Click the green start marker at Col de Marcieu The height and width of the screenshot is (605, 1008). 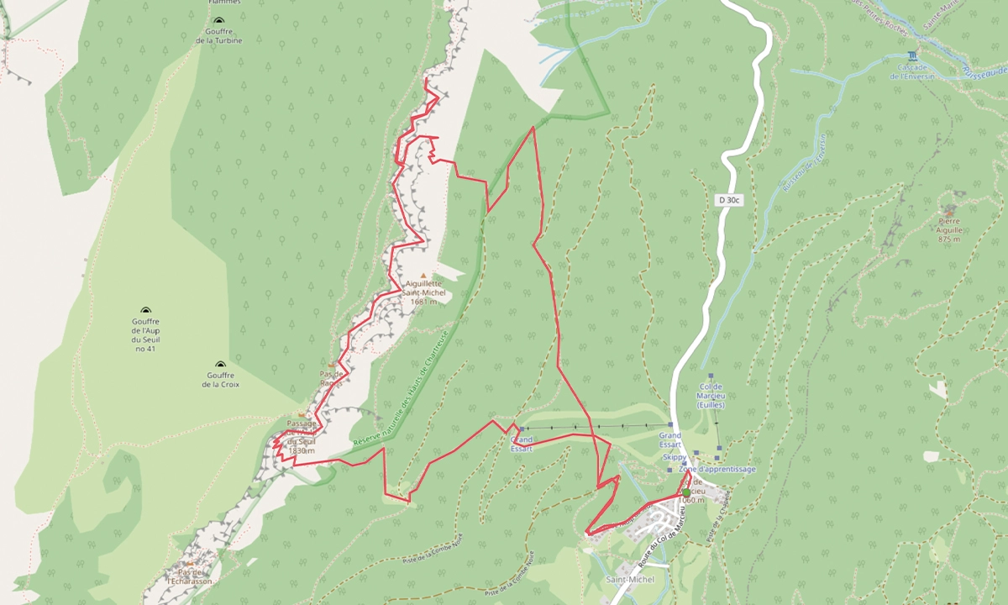click(x=686, y=493)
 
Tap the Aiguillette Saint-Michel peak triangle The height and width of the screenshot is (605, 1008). click(x=423, y=275)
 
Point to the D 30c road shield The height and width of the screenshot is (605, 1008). click(x=727, y=200)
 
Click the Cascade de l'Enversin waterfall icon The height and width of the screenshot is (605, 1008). click(x=903, y=54)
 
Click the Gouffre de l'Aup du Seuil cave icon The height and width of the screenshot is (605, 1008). click(x=145, y=310)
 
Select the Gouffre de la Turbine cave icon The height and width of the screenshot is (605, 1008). click(x=218, y=21)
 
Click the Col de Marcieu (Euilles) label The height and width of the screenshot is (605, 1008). click(x=711, y=396)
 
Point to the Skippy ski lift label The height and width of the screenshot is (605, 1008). click(x=674, y=456)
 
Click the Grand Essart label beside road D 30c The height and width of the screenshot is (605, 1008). click(x=669, y=440)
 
